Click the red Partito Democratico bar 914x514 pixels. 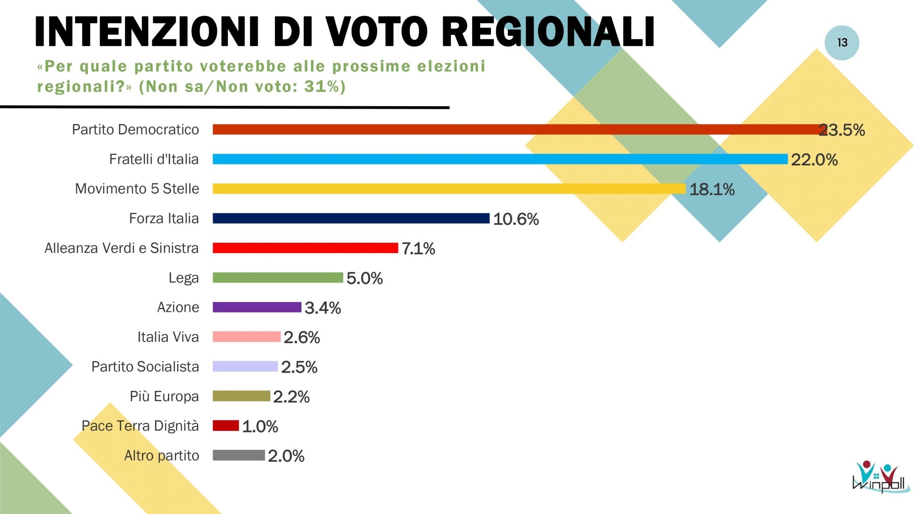click(518, 129)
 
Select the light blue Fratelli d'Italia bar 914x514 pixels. click(500, 159)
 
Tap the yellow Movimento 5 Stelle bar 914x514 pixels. click(449, 189)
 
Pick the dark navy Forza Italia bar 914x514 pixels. click(351, 218)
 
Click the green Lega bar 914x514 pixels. click(278, 278)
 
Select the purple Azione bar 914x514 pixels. click(257, 307)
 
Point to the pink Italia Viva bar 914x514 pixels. click(246, 337)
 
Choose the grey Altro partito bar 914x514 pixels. click(238, 455)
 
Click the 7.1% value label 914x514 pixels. click(418, 249)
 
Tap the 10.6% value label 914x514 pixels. click(515, 219)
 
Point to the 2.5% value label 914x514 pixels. click(299, 367)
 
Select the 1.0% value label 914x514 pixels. click(260, 427)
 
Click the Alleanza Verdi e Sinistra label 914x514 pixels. click(121, 248)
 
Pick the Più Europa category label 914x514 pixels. click(164, 396)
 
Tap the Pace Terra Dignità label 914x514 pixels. click(140, 426)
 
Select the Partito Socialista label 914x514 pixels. click(145, 366)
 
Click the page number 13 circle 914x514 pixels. click(842, 43)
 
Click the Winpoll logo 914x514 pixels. click(879, 477)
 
